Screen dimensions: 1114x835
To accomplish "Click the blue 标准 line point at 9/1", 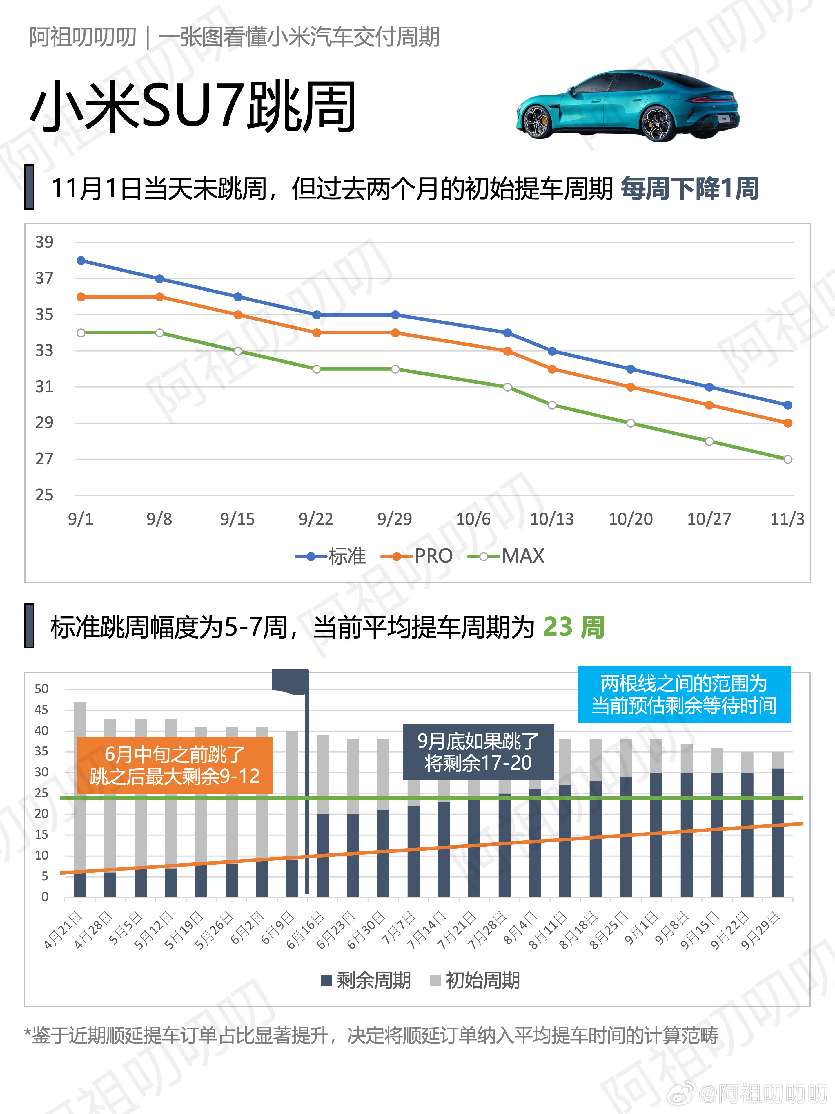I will tap(81, 261).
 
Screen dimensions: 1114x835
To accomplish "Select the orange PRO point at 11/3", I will tap(788, 423).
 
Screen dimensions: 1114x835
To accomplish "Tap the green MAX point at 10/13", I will tap(552, 405).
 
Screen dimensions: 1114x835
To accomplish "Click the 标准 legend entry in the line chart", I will tap(331, 556).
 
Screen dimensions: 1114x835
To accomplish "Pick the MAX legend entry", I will tap(506, 556).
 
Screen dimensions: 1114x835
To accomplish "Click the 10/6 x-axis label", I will tap(473, 519).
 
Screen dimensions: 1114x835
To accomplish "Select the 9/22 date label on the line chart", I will tap(315, 519).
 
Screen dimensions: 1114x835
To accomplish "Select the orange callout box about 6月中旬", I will tap(174, 765).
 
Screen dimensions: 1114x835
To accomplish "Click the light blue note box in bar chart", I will tap(683, 695).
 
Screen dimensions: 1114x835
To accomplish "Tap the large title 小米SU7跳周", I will tap(193, 107).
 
